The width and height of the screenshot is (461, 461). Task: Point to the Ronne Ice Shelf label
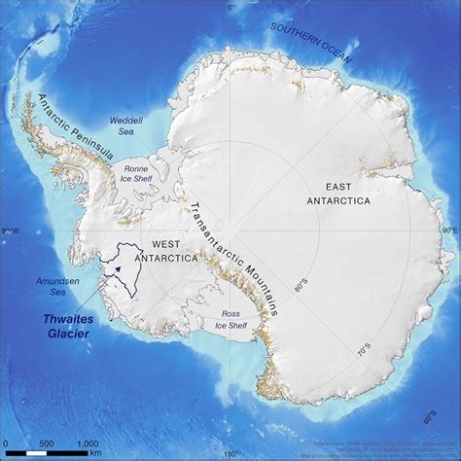coord(137,173)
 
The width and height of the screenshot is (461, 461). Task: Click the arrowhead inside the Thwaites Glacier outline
coord(118,259)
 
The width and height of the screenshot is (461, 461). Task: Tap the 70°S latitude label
coord(362,347)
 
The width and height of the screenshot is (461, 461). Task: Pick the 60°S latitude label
coord(428,420)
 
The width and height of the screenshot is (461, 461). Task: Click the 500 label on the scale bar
coord(46,443)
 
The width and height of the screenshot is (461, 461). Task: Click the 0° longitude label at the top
coord(231,7)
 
